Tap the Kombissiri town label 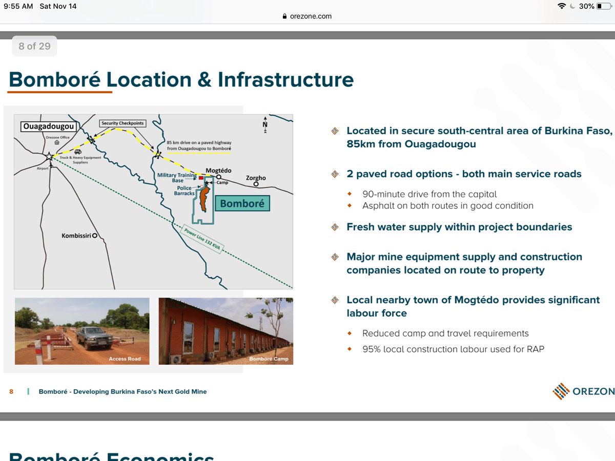[76, 236]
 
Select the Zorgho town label [256, 178]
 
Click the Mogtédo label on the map [219, 170]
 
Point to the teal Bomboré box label [242, 203]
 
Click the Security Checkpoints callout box [122, 123]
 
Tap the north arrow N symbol [265, 125]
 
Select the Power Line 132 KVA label [202, 238]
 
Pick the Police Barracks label [184, 191]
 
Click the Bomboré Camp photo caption [269, 359]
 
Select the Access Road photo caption [125, 359]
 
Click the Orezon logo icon [561, 391]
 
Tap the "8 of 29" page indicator [34, 46]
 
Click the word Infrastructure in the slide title [285, 80]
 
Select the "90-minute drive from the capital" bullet [429, 194]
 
